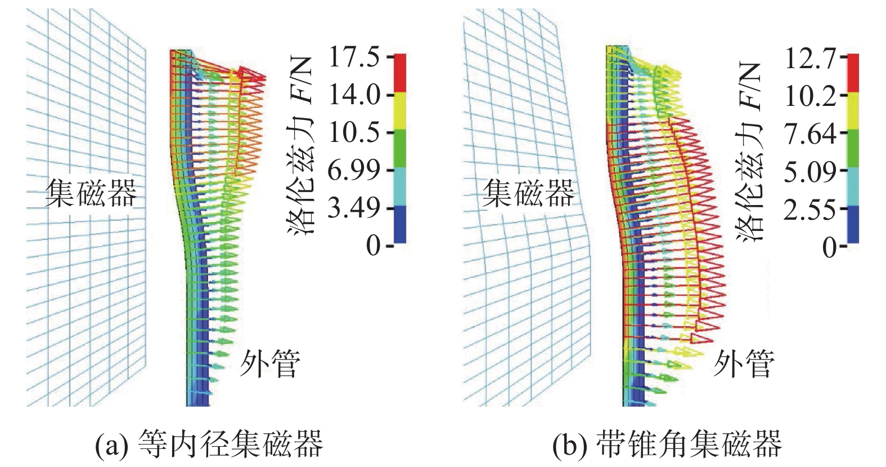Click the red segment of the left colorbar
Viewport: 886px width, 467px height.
[x=399, y=73]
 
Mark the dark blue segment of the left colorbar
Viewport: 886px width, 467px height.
[x=399, y=224]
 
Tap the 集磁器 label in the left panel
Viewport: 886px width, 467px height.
[x=91, y=193]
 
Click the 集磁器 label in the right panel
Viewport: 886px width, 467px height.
[x=528, y=193]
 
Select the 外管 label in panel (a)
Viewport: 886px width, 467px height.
[x=270, y=363]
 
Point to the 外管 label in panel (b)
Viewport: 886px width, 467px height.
[x=744, y=363]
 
